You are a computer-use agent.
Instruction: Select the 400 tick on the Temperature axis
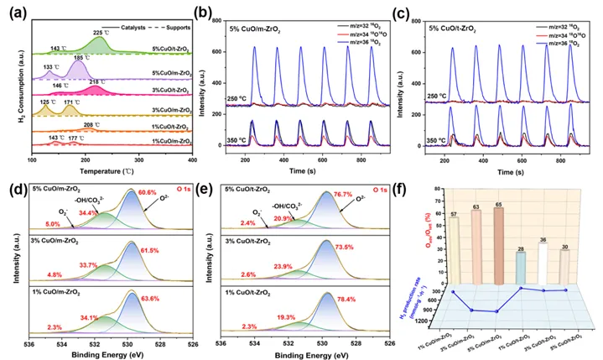tap(192, 159)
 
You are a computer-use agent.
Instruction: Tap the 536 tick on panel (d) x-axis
tap(29, 343)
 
